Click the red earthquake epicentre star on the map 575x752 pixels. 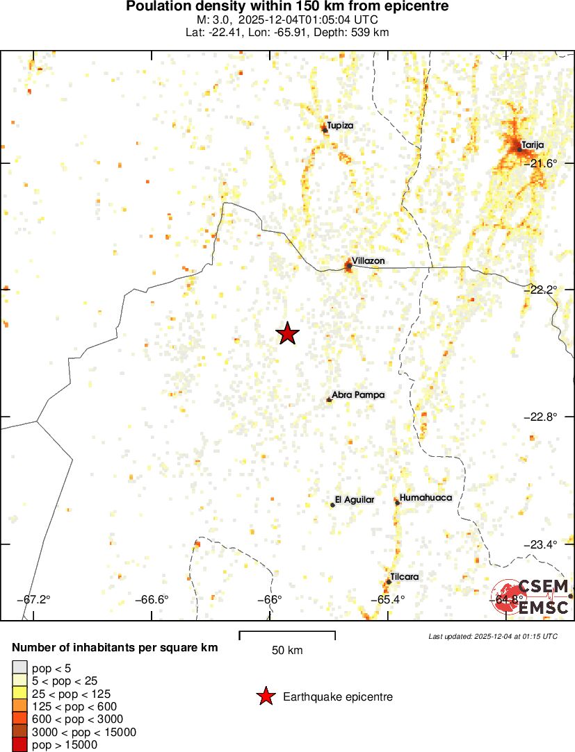(287, 334)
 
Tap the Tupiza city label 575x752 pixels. (340, 126)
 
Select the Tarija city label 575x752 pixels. (533, 144)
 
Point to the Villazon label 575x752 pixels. (368, 261)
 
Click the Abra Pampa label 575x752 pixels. (358, 395)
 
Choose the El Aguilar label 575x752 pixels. (355, 500)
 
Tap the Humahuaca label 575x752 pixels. (426, 498)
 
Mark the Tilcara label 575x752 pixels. (404, 577)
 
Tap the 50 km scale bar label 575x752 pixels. (287, 651)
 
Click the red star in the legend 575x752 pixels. (265, 696)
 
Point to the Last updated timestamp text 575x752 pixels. (493, 636)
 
